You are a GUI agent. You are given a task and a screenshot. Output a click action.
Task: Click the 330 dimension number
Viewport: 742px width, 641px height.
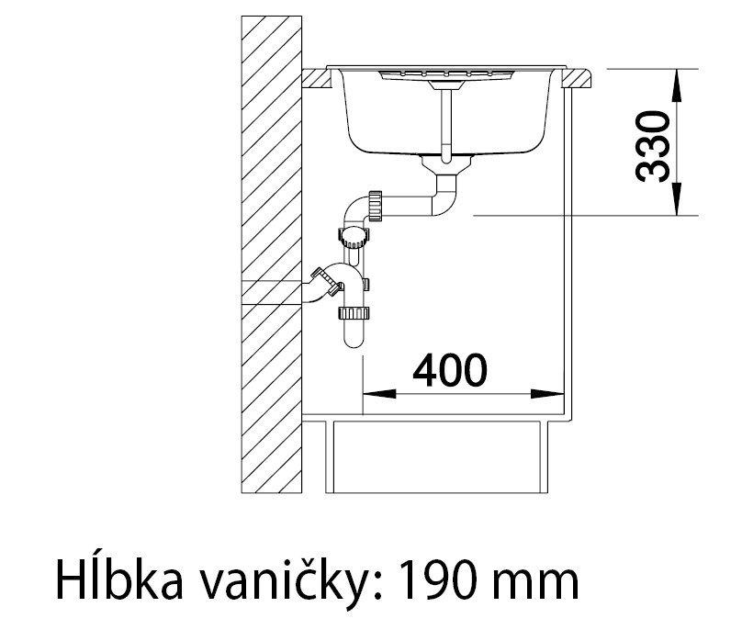point(652,145)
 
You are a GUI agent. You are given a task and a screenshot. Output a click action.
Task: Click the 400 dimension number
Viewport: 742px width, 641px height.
point(449,370)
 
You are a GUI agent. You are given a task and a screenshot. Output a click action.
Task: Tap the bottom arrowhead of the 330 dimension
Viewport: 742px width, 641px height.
point(678,201)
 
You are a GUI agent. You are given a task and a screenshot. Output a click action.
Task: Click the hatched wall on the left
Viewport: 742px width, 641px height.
point(273,257)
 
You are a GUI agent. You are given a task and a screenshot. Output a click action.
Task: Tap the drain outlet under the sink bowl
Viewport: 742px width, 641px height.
point(444,166)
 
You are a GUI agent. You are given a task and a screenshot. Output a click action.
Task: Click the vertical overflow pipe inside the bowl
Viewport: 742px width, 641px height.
point(444,119)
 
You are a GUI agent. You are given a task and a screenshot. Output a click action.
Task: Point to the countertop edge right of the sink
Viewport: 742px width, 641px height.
point(580,79)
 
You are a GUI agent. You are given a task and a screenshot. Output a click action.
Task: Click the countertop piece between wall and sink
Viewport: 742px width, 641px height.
point(318,79)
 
